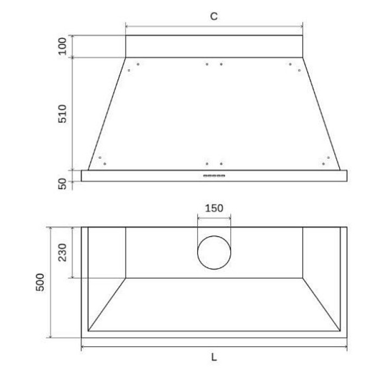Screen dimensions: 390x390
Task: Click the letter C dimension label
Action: [214, 16]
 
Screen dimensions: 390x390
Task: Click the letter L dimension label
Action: [214, 357]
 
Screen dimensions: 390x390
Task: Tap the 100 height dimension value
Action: [62, 46]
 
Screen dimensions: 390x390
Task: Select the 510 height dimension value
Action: [62, 114]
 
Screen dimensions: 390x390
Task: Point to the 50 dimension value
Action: [62, 184]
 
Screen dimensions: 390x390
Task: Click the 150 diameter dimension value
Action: [214, 208]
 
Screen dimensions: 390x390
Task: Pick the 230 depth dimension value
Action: [62, 252]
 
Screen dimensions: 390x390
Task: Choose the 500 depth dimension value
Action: [40, 282]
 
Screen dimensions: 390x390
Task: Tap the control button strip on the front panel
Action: [214, 175]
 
